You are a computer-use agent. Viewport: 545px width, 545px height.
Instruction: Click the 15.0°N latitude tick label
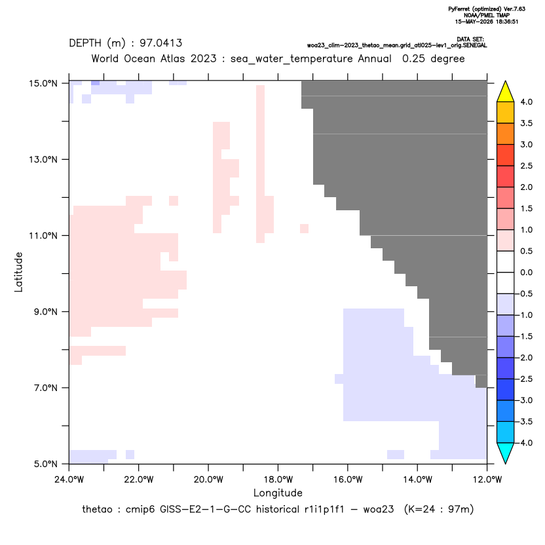pyautogui.click(x=43, y=83)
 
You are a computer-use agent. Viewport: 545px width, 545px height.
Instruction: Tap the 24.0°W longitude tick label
pyautogui.click(x=69, y=479)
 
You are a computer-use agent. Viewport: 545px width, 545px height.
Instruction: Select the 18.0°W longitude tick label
pyautogui.click(x=278, y=479)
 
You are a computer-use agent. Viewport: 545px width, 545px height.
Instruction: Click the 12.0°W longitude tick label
pyautogui.click(x=487, y=479)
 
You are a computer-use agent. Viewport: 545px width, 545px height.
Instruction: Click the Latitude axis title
pyautogui.click(x=18, y=272)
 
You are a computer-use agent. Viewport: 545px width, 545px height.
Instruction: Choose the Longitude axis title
pyautogui.click(x=278, y=493)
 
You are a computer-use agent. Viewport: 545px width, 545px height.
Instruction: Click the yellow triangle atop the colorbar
pyautogui.click(x=506, y=92)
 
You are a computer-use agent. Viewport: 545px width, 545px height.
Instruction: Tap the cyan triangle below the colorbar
pyautogui.click(x=506, y=453)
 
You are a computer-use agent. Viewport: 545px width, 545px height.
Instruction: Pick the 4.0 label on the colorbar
pyautogui.click(x=526, y=102)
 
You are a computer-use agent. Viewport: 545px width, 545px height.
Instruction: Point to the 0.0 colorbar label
pyautogui.click(x=526, y=272)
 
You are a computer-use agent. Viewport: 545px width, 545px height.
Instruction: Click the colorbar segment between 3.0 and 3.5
pyautogui.click(x=506, y=134)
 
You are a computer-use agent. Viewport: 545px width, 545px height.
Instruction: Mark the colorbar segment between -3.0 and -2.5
pyautogui.click(x=506, y=390)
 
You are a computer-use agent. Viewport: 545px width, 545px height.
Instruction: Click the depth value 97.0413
pyautogui.click(x=161, y=43)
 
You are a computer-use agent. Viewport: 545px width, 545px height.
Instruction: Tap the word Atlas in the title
pyautogui.click(x=172, y=59)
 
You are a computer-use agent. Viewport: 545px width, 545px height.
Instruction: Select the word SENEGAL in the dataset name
pyautogui.click(x=475, y=46)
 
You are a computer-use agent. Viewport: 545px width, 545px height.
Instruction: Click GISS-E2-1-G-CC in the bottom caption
pyautogui.click(x=206, y=510)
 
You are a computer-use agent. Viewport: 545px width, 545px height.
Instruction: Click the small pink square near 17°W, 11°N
pyautogui.click(x=304, y=229)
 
